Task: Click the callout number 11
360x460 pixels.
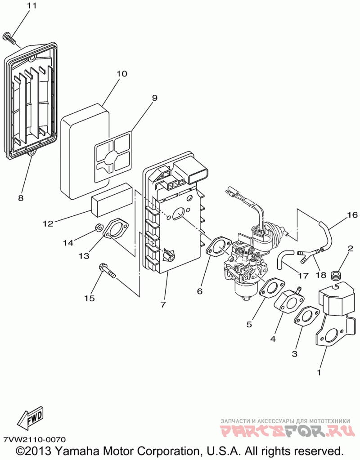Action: click(x=32, y=5)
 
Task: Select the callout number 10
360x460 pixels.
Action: click(x=121, y=73)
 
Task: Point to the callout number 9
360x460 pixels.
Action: click(x=154, y=98)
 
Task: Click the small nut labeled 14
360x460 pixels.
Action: click(x=99, y=227)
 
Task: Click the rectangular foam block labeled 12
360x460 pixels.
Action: click(x=112, y=200)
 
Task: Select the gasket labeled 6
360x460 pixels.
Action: click(x=218, y=248)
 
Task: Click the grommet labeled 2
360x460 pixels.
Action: click(x=337, y=275)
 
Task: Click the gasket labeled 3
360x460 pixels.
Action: click(x=306, y=317)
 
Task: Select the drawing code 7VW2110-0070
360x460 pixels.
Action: click(x=35, y=439)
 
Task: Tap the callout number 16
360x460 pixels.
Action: click(x=352, y=215)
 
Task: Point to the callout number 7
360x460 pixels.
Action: click(x=163, y=304)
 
